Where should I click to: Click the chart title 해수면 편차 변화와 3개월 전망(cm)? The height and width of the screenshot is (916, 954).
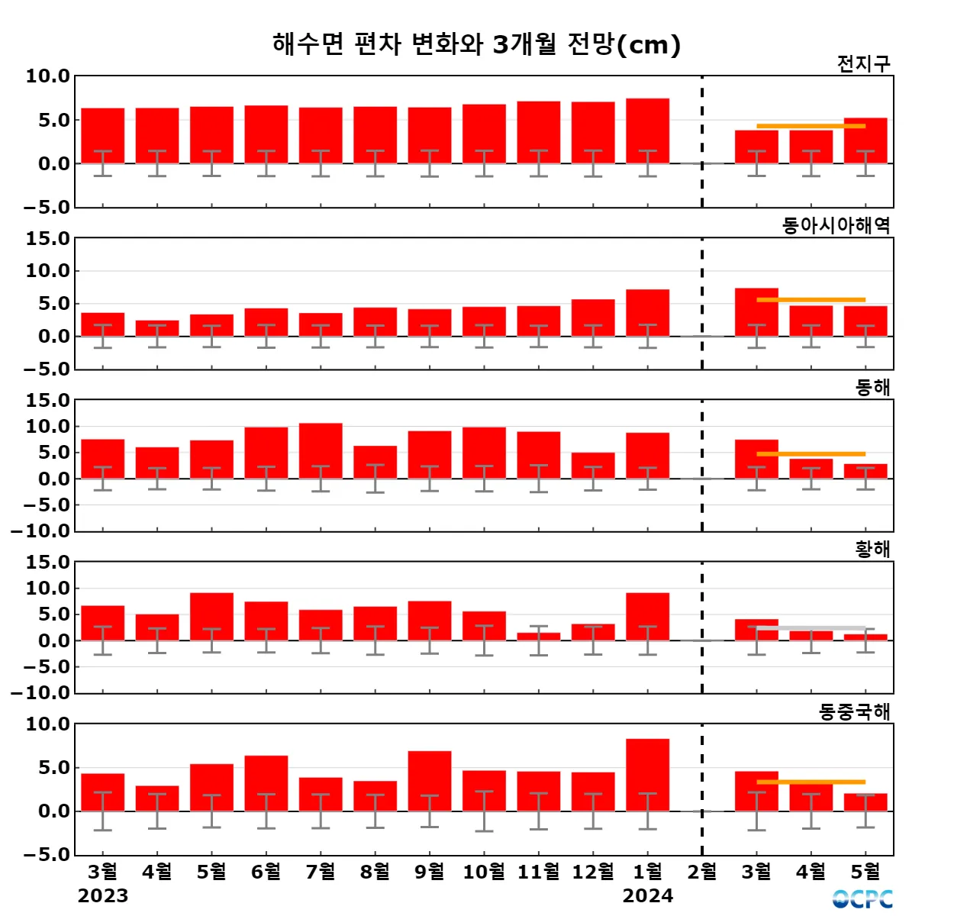click(476, 44)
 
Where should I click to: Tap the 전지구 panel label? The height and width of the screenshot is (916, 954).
click(863, 64)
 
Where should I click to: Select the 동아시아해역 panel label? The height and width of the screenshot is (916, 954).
click(836, 226)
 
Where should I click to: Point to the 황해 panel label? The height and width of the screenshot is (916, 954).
click(872, 550)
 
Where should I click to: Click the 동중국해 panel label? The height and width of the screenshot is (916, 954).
click(854, 712)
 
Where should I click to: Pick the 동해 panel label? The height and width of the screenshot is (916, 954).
click(872, 388)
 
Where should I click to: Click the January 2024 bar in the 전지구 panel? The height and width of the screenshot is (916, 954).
click(647, 131)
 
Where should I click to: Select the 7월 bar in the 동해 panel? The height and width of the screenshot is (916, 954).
click(321, 450)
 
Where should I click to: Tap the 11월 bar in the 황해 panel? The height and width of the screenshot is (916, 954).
click(539, 637)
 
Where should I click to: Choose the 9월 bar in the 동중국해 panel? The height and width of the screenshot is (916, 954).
click(430, 781)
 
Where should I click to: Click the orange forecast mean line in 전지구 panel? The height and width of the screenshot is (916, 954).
click(811, 126)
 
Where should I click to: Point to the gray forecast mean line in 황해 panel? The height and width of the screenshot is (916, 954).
click(811, 628)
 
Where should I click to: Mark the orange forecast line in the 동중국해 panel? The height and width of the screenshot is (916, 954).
click(811, 782)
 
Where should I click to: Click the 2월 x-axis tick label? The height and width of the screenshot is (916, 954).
click(702, 872)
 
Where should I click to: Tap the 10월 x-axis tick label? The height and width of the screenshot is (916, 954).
click(484, 872)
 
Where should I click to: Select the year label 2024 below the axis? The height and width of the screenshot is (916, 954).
click(647, 896)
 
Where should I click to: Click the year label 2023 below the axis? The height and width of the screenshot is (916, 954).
click(103, 896)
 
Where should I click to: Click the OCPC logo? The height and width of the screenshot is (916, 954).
click(862, 898)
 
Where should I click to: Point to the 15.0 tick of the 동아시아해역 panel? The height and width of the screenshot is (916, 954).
click(47, 239)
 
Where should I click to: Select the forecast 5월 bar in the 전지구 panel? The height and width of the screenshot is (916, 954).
click(865, 140)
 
